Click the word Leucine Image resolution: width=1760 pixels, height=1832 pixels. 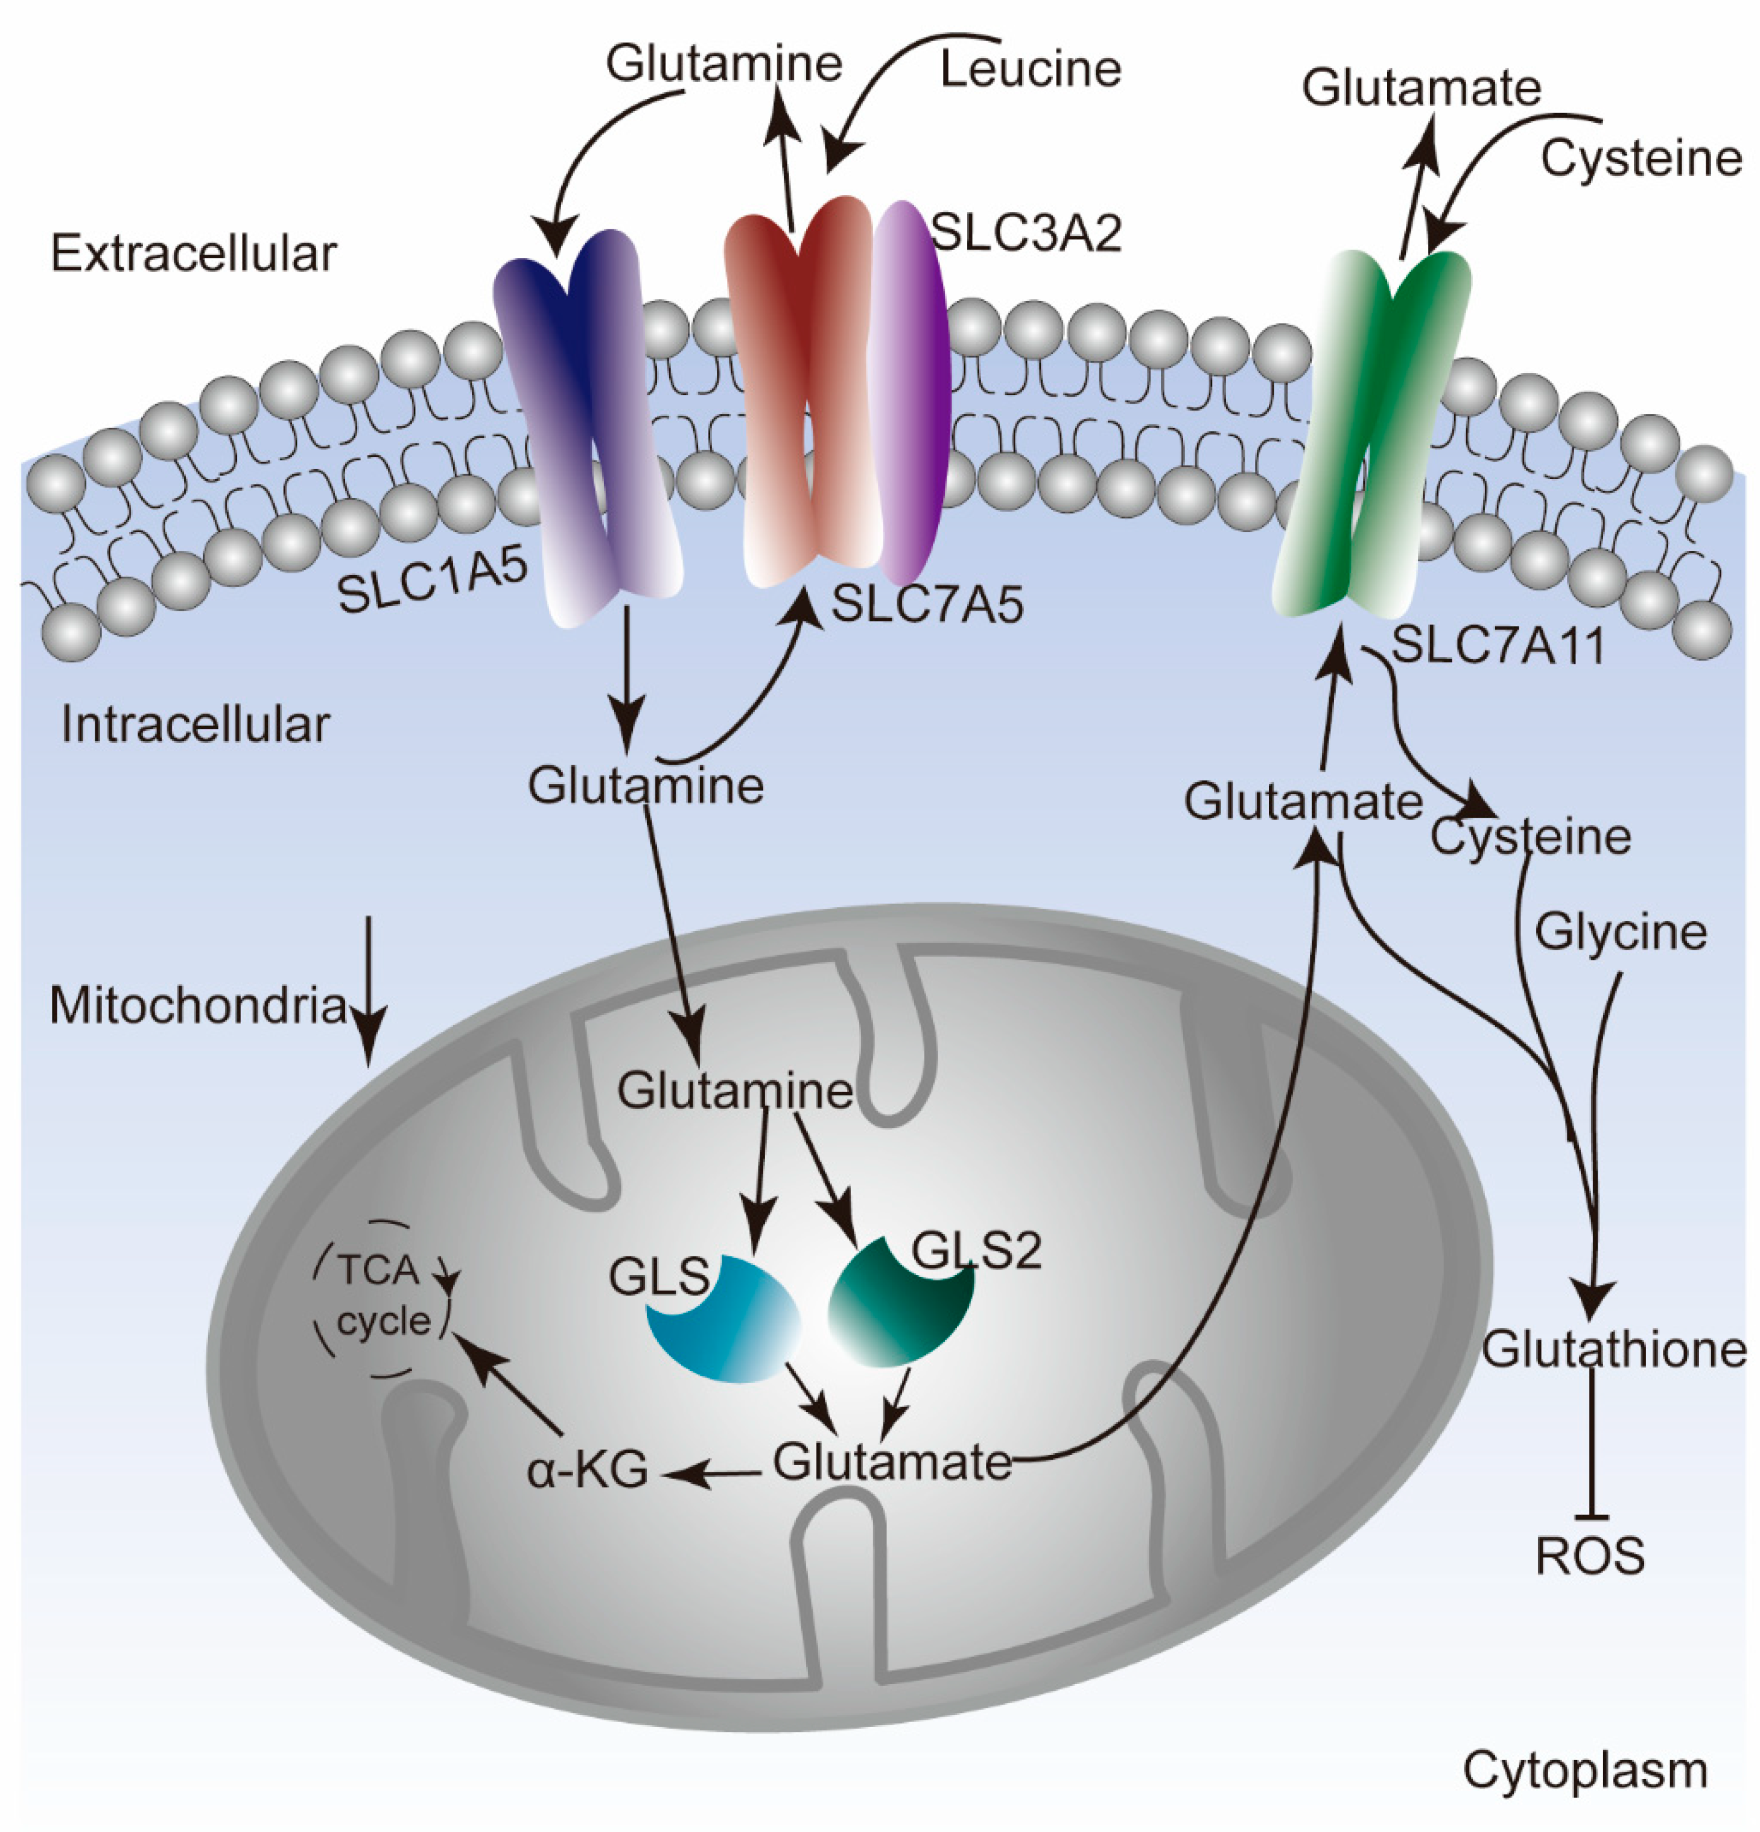click(x=1030, y=70)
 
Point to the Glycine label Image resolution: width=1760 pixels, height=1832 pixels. click(x=1621, y=932)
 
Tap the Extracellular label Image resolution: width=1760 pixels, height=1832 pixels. click(x=194, y=254)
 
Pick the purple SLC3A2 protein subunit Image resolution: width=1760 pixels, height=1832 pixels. click(x=911, y=393)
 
